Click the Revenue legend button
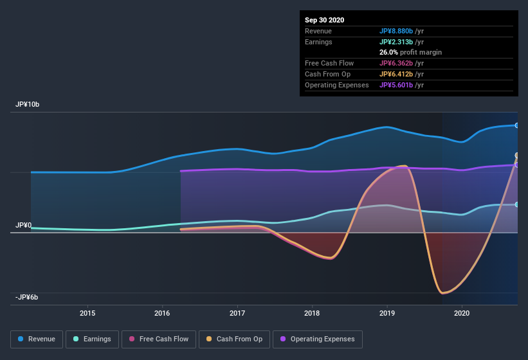coord(37,339)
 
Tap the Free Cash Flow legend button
coord(158,339)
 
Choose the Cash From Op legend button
coord(234,339)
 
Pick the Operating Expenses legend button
coord(317,339)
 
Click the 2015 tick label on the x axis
coord(87,313)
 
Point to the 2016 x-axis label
coord(162,313)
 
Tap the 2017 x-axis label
coord(237,313)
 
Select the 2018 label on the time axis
coord(312,313)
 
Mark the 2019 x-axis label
coord(387,313)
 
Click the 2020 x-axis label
coord(462,313)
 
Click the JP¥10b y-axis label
coord(29,104)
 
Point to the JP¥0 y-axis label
coord(24,225)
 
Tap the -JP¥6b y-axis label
coord(27,297)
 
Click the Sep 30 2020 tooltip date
coord(325,20)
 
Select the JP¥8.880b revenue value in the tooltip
coord(400,31)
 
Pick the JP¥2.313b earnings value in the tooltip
coord(400,42)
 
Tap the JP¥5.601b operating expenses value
coord(400,85)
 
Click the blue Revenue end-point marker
coord(517,125)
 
